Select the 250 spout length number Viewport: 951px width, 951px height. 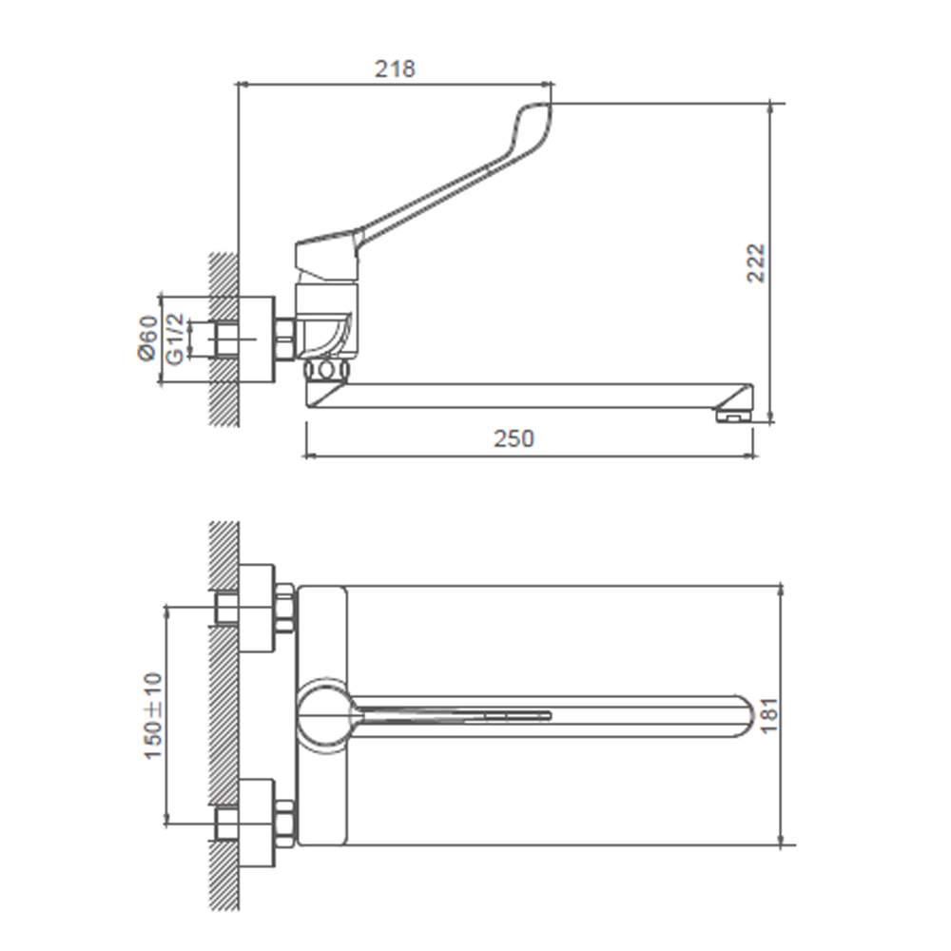pos(514,438)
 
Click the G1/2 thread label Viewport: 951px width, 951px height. pos(174,338)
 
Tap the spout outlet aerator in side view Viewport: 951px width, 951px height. pos(730,414)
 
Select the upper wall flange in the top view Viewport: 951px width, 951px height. pos(256,609)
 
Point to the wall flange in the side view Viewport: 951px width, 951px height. pos(256,340)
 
